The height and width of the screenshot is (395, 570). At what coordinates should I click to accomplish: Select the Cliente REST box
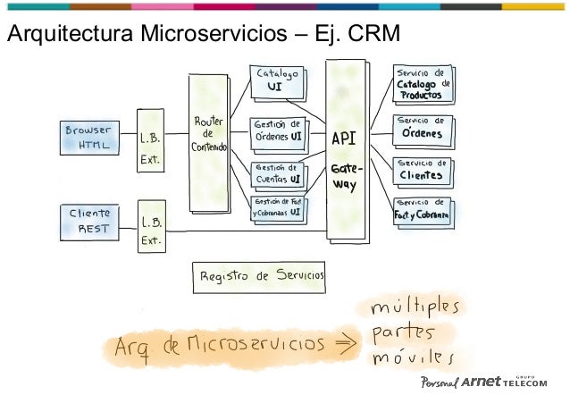click(x=90, y=221)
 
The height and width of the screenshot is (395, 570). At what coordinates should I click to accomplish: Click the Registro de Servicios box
click(x=260, y=277)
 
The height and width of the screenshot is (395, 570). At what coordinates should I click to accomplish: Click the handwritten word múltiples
click(x=415, y=309)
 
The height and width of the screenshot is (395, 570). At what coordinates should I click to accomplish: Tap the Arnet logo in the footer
click(x=483, y=382)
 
